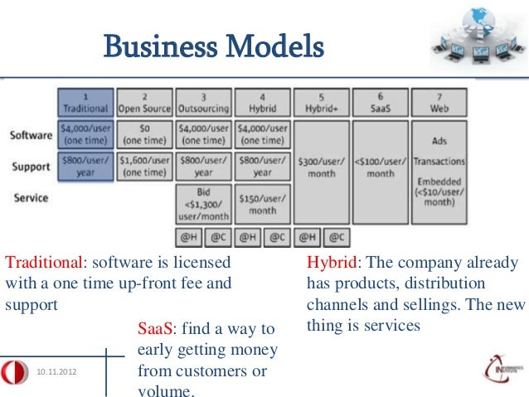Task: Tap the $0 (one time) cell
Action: (145, 135)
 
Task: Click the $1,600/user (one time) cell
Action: (145, 166)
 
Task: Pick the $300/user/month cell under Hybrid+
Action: (322, 167)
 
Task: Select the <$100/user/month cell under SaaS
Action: (381, 167)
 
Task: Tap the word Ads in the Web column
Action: (439, 141)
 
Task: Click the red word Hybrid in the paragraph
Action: (331, 264)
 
